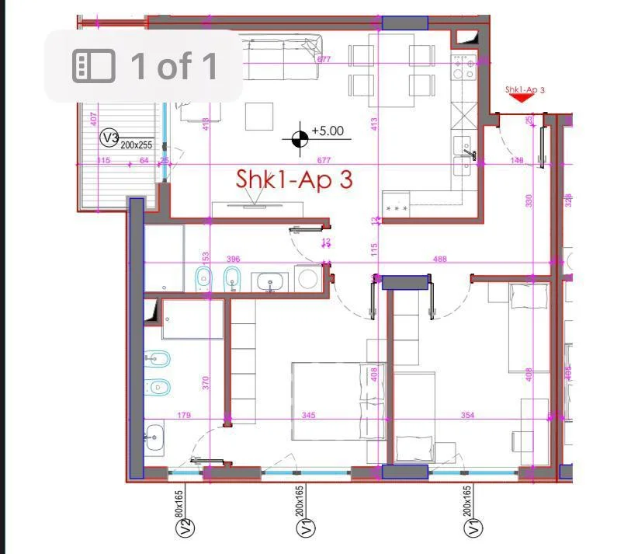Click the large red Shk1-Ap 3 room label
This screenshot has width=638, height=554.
[x=294, y=179]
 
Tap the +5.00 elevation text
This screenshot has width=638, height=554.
[x=328, y=131]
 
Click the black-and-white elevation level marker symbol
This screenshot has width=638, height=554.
[x=300, y=139]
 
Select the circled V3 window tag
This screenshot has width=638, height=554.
[x=110, y=138]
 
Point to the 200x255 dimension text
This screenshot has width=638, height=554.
[x=137, y=145]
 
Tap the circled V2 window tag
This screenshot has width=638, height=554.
[x=185, y=528]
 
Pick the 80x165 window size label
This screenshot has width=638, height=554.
[x=179, y=503]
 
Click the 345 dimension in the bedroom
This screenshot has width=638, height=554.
[x=308, y=416]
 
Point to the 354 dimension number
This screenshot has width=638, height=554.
[x=467, y=416]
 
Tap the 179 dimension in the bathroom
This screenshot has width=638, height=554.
[x=184, y=416]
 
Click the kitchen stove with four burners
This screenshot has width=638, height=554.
[x=463, y=68]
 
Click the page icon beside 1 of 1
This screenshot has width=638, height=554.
[x=94, y=66]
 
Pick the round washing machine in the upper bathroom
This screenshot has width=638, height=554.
[x=307, y=277]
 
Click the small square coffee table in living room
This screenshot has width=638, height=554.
[x=259, y=117]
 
